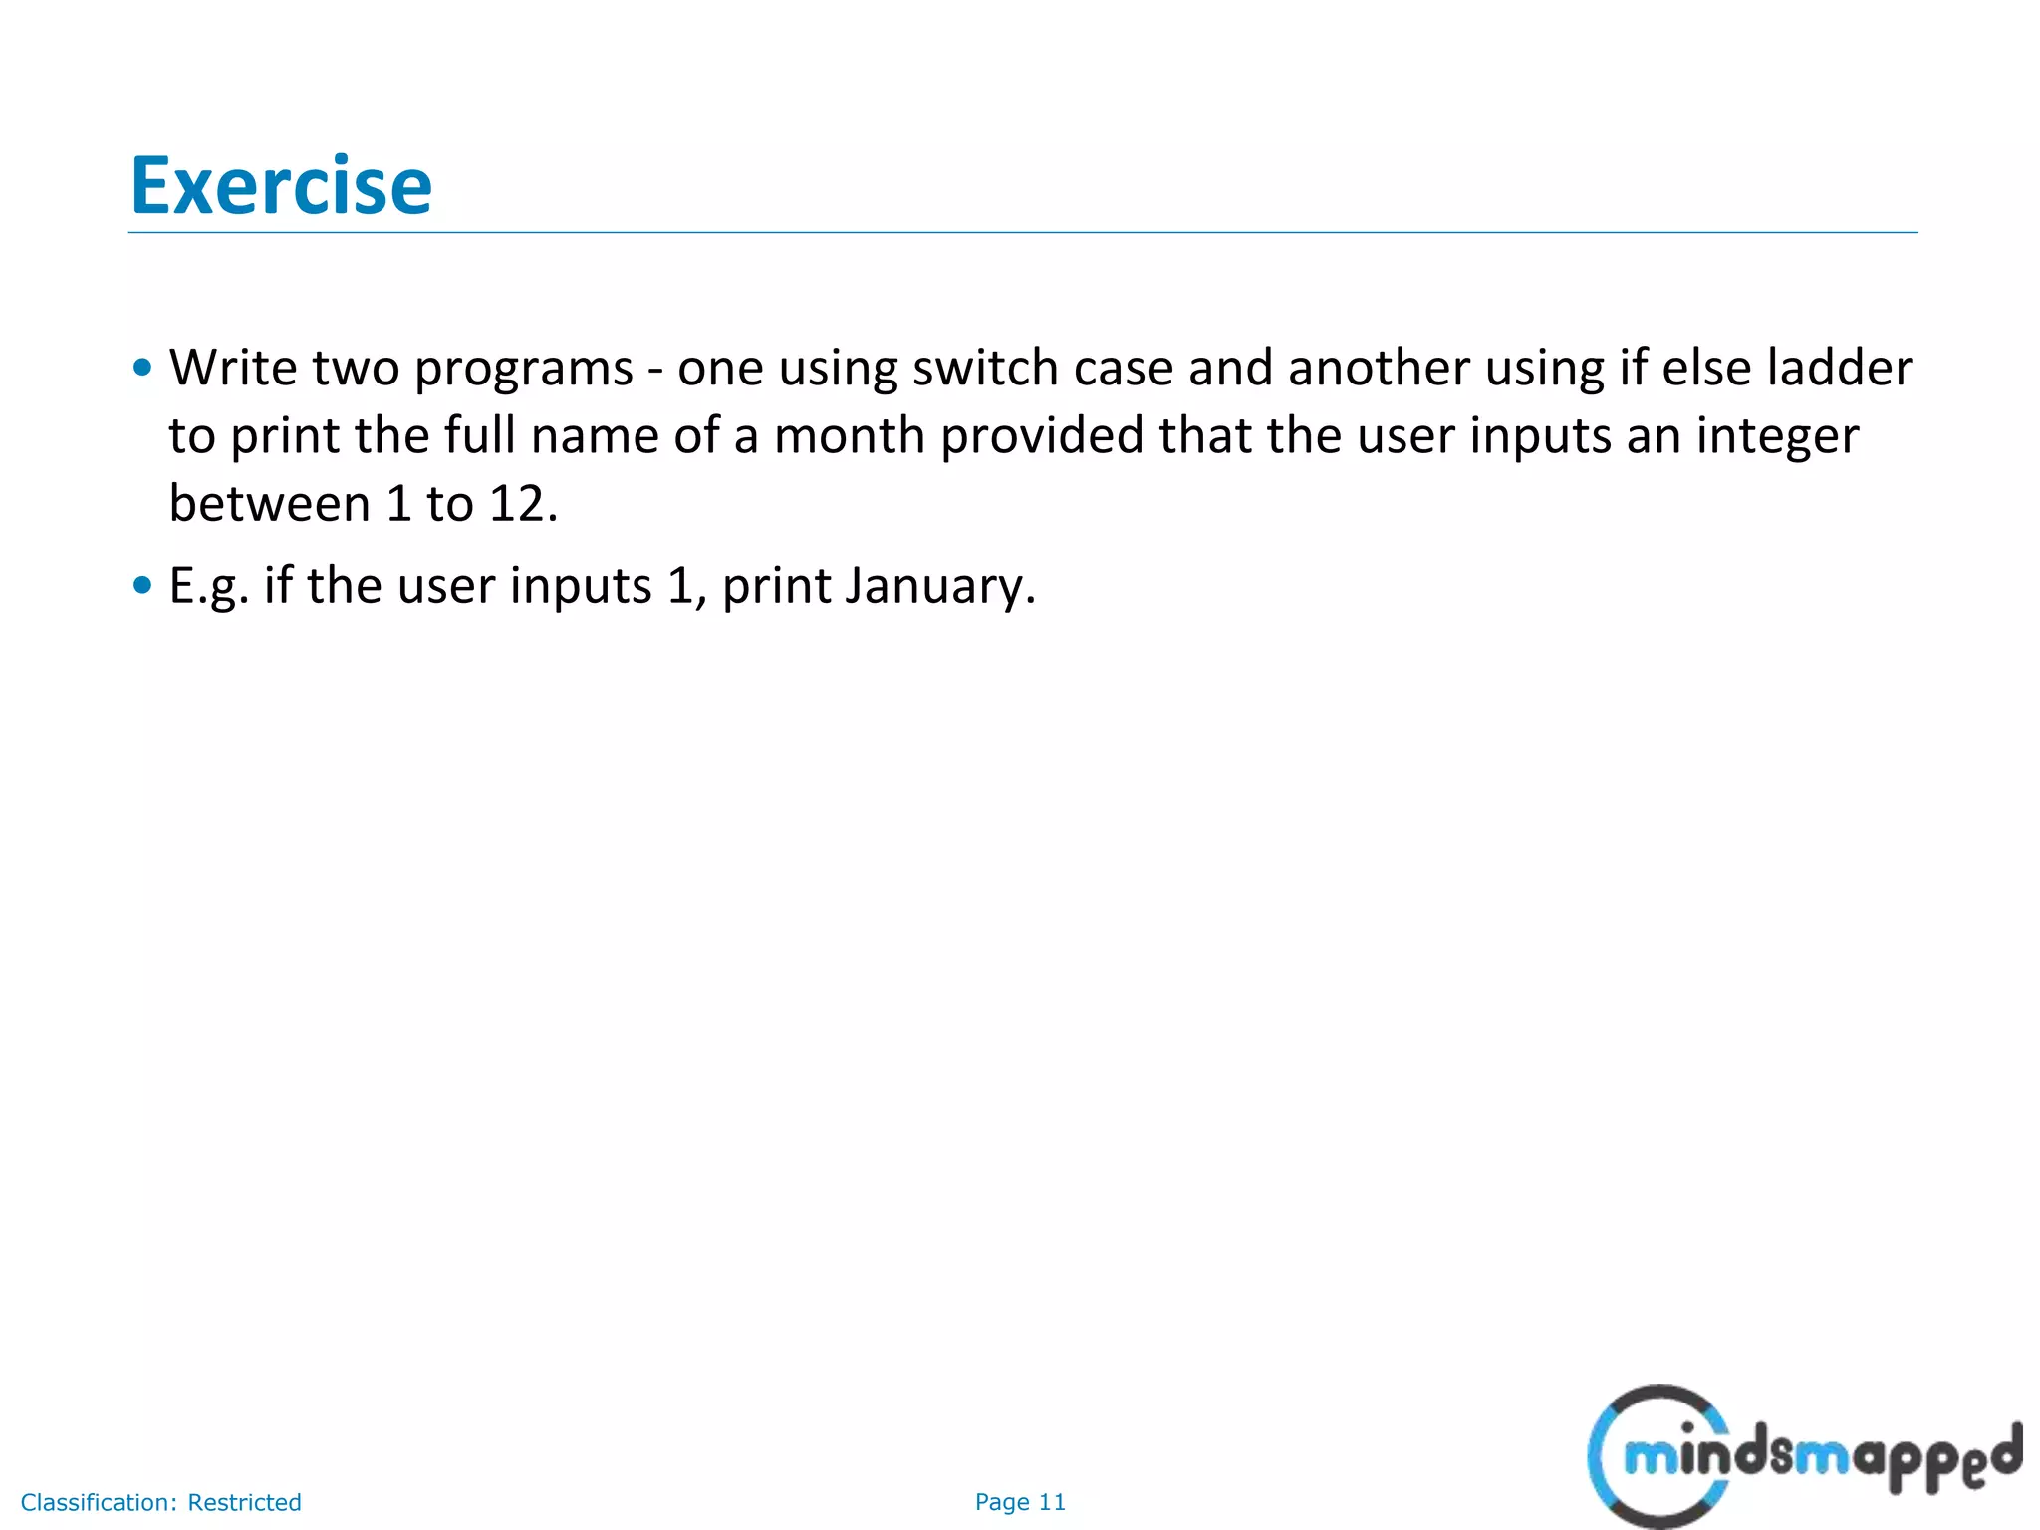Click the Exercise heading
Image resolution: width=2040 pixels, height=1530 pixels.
click(x=281, y=186)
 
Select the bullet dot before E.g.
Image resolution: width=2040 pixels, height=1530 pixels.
click(x=142, y=585)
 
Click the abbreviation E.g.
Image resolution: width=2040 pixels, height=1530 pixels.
click(x=207, y=585)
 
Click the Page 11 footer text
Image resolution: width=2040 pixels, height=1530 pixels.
click(x=1019, y=1502)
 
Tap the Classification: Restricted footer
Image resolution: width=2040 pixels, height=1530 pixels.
click(x=160, y=1502)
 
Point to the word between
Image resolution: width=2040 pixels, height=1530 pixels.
click(x=269, y=504)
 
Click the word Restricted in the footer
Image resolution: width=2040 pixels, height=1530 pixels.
click(x=244, y=1502)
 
